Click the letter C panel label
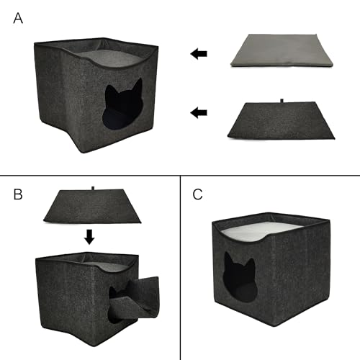[198, 194]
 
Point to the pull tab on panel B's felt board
[94, 189]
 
